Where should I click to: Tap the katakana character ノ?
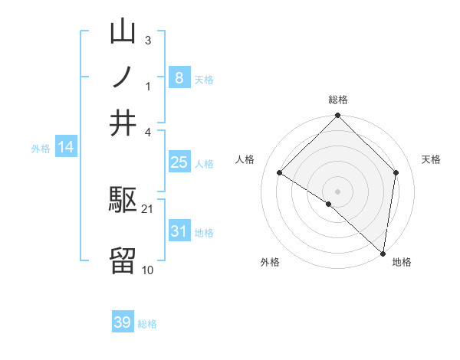[x=123, y=78]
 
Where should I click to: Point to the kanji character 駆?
[x=123, y=202]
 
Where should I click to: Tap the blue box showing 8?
[x=179, y=78]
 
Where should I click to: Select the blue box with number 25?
[x=179, y=162]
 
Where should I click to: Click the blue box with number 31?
[x=179, y=231]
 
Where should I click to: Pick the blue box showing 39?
[x=123, y=322]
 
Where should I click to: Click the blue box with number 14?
[x=66, y=147]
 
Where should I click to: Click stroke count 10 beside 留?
[x=148, y=270]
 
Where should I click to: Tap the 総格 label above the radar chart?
[x=338, y=100]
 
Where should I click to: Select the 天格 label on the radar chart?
[x=431, y=159]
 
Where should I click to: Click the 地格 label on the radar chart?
[x=402, y=262]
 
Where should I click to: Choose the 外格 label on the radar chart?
[x=270, y=262]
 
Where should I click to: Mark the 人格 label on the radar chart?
[x=245, y=159]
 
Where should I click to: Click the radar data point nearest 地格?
[x=383, y=253]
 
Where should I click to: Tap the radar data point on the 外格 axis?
[x=329, y=204]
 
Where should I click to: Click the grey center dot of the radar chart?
[x=338, y=191]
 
